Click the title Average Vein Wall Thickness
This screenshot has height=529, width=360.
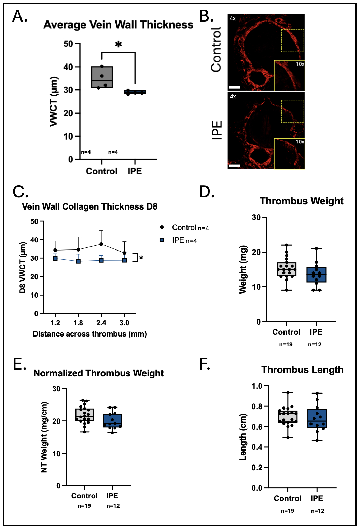coord(118,25)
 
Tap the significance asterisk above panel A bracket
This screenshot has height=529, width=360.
coord(119,44)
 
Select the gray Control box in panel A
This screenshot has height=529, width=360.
coord(102,77)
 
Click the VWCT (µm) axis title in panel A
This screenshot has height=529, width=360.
coord(54,102)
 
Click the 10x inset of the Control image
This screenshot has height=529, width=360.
coord(289,75)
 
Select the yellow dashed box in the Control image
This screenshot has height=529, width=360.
coord(293,41)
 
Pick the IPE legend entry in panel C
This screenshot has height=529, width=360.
coord(177,240)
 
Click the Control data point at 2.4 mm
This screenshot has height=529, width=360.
coord(101,244)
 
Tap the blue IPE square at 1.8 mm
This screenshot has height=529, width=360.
coord(78,261)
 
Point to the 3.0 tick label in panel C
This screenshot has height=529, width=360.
coord(124,323)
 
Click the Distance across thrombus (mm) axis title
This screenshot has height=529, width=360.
coord(90,334)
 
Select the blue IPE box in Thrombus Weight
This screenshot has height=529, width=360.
coord(316,274)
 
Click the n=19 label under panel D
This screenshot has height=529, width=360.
coord(286,344)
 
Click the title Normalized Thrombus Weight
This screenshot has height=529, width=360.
coord(99,373)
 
